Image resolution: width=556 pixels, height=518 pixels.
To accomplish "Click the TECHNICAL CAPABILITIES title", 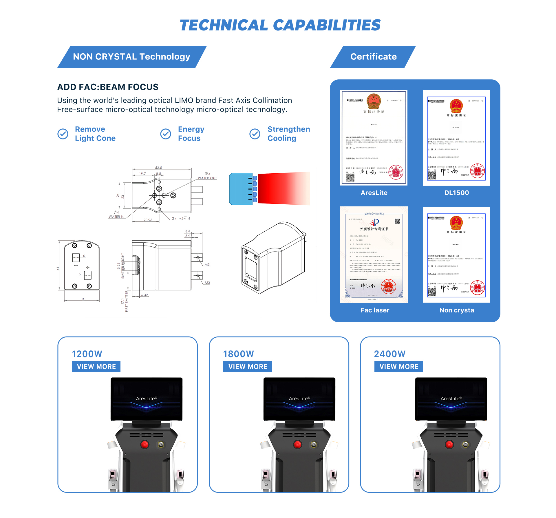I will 280,25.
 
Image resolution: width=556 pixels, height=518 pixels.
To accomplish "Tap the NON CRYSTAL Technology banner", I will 131,57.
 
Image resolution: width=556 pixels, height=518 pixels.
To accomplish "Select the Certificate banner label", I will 373,57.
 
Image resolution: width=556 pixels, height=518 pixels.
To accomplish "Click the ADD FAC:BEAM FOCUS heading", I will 108,87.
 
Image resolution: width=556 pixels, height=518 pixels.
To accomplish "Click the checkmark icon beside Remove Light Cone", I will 63,134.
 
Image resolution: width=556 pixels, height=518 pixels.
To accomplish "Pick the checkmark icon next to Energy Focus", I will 166,134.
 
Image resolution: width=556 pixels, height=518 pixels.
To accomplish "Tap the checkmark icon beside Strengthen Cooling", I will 255,134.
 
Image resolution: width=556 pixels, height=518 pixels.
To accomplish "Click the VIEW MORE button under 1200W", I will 96,367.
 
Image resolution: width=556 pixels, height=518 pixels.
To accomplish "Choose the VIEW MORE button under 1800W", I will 248,367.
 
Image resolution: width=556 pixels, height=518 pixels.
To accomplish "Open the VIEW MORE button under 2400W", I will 399,367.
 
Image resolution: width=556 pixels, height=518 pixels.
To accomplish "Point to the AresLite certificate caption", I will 374,193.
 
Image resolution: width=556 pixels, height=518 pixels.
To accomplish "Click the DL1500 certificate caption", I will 456,193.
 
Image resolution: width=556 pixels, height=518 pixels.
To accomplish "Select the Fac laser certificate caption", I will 375,310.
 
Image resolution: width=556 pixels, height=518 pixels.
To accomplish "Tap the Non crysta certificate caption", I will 457,310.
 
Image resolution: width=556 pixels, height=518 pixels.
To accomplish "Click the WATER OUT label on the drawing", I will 207,178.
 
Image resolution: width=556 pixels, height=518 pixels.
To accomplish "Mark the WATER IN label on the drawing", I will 116,217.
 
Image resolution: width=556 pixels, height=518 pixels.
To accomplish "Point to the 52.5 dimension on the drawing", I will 158,168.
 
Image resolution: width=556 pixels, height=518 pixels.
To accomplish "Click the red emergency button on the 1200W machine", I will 145,444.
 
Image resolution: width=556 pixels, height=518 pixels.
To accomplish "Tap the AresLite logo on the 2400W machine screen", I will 451,399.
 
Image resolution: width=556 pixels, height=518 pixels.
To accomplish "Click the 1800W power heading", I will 238,354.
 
